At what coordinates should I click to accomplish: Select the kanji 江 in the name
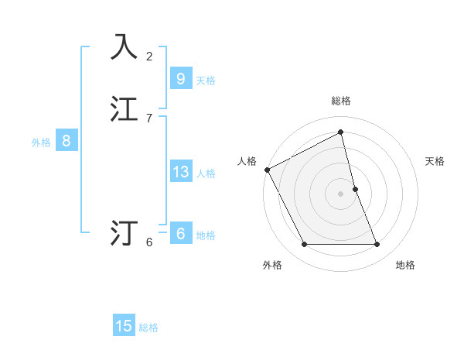coord(125,109)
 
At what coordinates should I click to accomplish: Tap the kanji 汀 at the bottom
coord(125,232)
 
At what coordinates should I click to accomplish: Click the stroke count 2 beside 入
coord(149,56)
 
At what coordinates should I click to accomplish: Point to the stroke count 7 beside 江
coord(149,118)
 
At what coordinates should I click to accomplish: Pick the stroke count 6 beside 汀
coord(149,242)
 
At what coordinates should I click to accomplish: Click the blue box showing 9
coord(180,78)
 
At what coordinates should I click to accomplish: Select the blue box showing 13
coord(180,172)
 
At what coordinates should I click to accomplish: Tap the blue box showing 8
coord(67,141)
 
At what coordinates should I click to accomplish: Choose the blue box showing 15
coord(124,326)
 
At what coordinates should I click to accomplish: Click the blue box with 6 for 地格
coord(180,234)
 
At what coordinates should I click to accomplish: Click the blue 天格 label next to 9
coord(206,81)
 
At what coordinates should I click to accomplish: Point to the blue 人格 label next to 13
coord(206,173)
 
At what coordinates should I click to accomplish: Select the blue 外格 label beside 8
coord(41,143)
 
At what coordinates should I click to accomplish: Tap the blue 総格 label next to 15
coord(148,328)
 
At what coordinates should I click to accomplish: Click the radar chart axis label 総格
coord(341,101)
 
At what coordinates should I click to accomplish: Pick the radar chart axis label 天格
coord(435,161)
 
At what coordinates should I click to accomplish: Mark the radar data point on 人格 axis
coord(267,170)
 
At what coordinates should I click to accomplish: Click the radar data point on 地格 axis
coord(377,245)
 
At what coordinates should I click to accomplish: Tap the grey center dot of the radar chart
coord(341,194)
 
